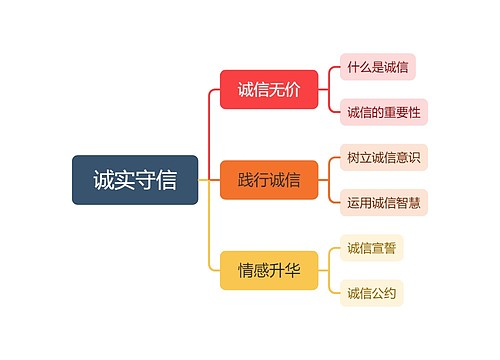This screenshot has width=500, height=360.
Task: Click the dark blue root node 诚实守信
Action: click(x=135, y=180)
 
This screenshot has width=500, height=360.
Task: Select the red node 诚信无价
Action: click(x=269, y=90)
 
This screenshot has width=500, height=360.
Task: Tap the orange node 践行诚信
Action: click(x=269, y=180)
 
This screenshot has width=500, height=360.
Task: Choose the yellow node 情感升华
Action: click(x=269, y=269)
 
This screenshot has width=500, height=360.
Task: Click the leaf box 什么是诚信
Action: click(x=378, y=67)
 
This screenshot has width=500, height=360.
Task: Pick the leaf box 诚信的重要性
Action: click(x=384, y=111)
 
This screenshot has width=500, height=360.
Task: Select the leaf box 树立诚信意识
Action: click(x=384, y=157)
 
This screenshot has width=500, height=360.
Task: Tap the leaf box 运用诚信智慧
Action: click(x=384, y=202)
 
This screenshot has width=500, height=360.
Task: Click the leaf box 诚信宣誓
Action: click(x=372, y=247)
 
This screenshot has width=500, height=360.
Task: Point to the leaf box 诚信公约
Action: click(x=372, y=292)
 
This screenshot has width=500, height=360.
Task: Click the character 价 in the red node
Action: click(x=292, y=90)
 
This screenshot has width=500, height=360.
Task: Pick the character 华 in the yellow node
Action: click(x=292, y=269)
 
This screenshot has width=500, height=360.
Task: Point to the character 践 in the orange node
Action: click(x=246, y=180)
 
